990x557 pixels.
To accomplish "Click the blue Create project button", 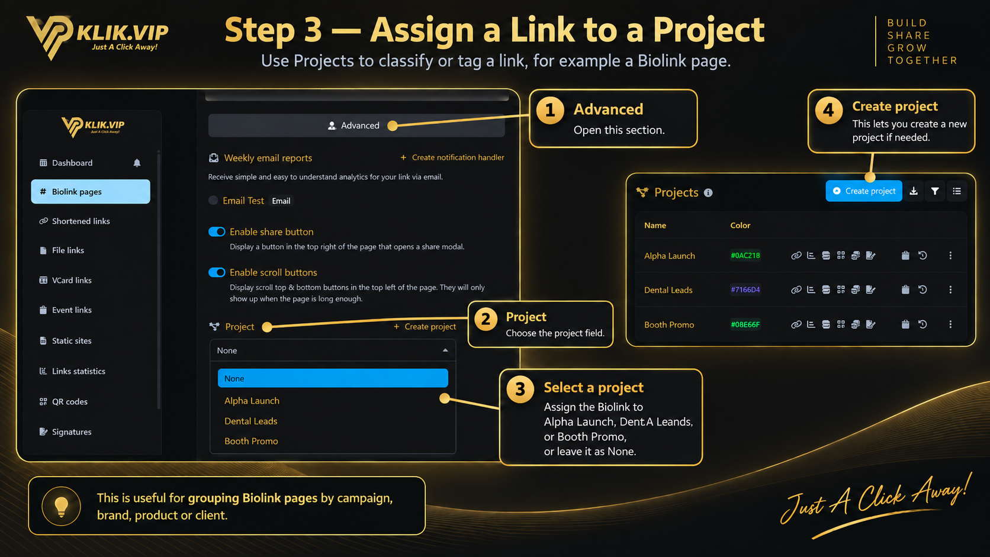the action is click(x=864, y=191).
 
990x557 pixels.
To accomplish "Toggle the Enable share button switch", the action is click(x=217, y=232).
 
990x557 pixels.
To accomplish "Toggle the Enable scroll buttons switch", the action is click(x=217, y=272).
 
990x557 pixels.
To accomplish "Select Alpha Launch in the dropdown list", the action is click(x=252, y=401).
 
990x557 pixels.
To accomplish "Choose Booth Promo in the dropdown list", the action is click(x=251, y=441).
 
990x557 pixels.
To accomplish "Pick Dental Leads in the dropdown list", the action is click(x=250, y=421).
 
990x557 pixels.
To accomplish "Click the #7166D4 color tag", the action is click(x=745, y=290).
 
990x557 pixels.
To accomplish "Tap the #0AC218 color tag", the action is click(x=745, y=255).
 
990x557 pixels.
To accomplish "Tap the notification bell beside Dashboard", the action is click(x=137, y=163).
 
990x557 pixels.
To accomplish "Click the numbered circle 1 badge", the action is click(x=550, y=111).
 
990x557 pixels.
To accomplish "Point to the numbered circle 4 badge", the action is click(x=829, y=111).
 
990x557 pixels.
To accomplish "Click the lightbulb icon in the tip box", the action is click(x=61, y=506).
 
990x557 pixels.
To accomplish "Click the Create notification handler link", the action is click(x=452, y=157).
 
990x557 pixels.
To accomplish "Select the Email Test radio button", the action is click(x=213, y=201).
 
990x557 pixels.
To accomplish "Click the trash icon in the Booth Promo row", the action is click(x=905, y=324).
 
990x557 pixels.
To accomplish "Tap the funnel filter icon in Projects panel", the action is click(x=935, y=191).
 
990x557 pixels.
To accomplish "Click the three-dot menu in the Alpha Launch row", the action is click(x=950, y=255).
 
